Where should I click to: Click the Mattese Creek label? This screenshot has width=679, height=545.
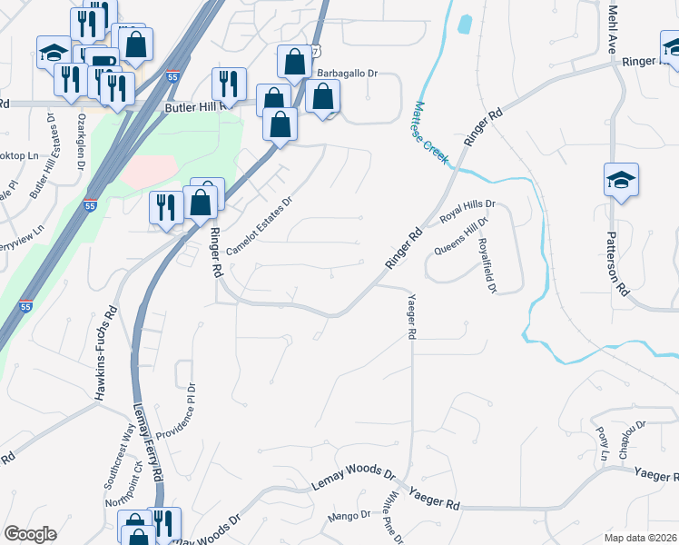coord(431,132)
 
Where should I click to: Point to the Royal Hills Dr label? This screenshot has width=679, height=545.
coord(469,212)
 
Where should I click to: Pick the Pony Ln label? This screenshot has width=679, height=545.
coord(603,441)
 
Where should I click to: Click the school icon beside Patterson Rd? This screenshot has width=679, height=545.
coord(622,179)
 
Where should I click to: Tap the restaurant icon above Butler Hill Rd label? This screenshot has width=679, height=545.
coord(228,84)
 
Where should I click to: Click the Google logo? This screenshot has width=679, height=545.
coord(30,534)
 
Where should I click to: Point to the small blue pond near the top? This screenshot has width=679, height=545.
coord(465,24)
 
